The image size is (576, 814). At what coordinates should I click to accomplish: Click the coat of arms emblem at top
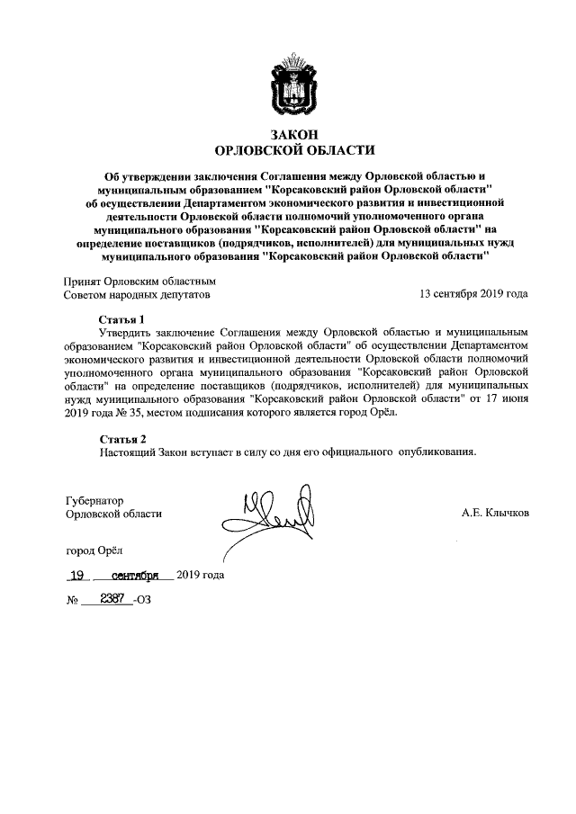pos(288,85)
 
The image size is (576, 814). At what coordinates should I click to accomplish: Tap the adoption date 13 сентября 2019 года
pos(473,294)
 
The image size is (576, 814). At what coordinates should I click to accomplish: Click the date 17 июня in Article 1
pos(506,398)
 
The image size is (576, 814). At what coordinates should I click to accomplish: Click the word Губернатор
pos(94,499)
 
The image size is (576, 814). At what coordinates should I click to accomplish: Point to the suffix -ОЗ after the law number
pos(143,600)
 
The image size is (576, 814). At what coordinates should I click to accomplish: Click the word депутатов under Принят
pos(178,294)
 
